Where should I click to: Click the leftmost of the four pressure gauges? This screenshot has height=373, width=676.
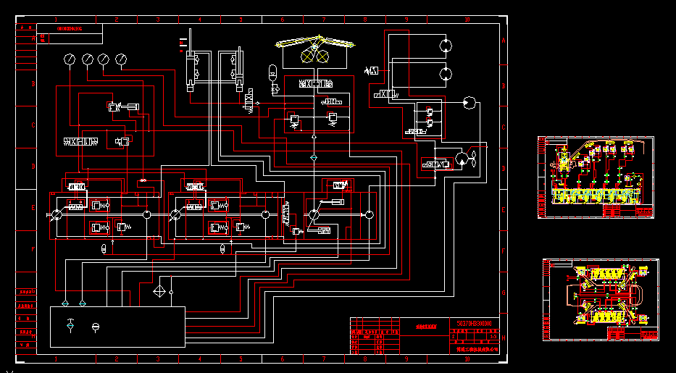(x=70, y=59)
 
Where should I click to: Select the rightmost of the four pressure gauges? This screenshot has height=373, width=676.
(x=120, y=59)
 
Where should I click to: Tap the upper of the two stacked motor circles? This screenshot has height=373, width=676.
(x=446, y=45)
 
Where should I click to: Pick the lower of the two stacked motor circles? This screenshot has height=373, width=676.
(x=446, y=73)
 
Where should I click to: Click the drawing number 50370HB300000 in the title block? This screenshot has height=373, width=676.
(x=475, y=322)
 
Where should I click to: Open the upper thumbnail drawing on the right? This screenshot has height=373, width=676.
(x=595, y=177)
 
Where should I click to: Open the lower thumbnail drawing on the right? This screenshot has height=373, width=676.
(x=601, y=300)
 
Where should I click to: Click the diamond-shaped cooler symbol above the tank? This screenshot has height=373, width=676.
(x=159, y=293)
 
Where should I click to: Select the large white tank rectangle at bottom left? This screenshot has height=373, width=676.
(x=117, y=327)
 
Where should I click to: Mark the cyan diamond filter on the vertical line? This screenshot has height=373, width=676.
(x=314, y=156)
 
